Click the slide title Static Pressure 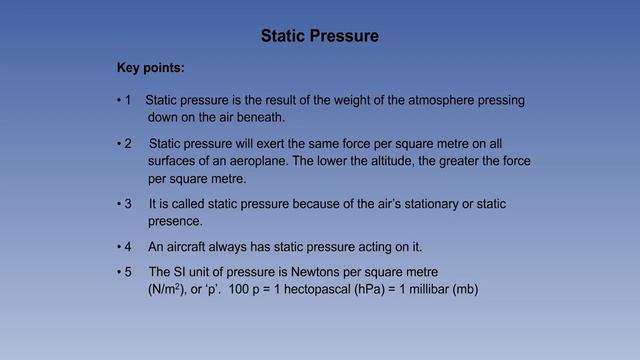pos(320,37)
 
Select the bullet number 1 pos(127,101)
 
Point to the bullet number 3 pos(127,204)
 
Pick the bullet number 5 pos(127,271)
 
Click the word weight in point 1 pos(336,101)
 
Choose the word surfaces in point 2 pos(175,161)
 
